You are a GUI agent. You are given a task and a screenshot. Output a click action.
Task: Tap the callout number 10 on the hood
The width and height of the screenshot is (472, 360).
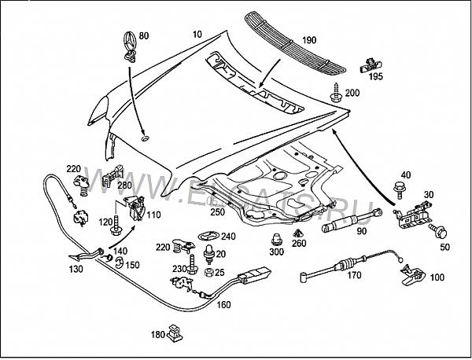click(196, 35)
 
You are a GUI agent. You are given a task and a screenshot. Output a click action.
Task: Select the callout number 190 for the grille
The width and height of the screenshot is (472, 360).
click(308, 39)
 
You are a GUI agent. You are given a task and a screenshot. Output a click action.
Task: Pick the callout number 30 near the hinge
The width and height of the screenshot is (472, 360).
click(430, 196)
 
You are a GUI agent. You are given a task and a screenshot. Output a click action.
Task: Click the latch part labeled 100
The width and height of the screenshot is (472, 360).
click(411, 273)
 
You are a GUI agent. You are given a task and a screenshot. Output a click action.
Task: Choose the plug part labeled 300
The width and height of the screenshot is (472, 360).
click(276, 239)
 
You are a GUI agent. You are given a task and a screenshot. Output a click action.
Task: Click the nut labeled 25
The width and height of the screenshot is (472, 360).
click(208, 272)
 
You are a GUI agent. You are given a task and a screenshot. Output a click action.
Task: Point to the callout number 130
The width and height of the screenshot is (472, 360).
click(76, 269)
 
